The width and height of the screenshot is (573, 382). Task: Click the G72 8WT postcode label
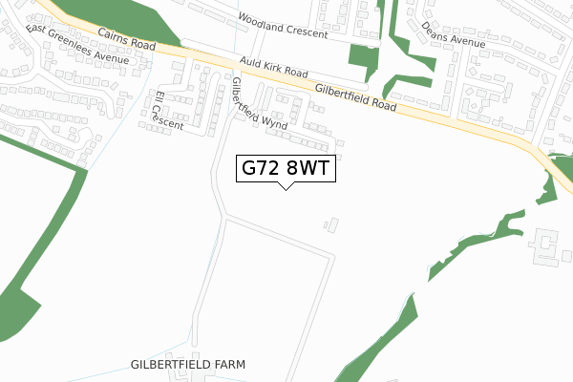(285, 168)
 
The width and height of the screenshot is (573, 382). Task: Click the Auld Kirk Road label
(274, 73)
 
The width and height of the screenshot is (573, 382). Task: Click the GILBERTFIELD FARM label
(189, 365)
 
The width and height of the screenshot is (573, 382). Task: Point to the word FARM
(228, 365)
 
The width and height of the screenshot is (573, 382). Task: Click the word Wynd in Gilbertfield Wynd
(275, 118)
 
